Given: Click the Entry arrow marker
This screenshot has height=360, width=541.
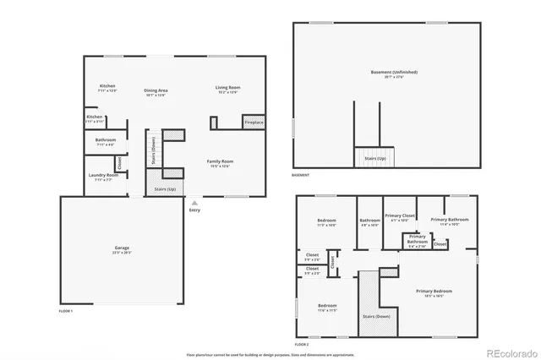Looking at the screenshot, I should click(195, 203).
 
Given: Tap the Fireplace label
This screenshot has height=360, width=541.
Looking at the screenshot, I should click(254, 123).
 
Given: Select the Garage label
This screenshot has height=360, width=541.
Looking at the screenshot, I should click(123, 248).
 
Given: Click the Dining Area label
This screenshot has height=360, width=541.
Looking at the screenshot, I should click(156, 90).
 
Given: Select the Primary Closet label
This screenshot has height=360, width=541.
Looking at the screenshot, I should click(399, 215).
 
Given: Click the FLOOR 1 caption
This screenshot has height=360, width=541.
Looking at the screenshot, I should click(66, 312).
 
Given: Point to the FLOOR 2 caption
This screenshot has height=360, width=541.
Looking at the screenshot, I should click(302, 345).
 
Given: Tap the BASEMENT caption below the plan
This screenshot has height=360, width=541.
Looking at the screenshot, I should click(301, 175).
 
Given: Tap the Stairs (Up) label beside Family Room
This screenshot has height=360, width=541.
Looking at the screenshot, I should click(165, 189).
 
